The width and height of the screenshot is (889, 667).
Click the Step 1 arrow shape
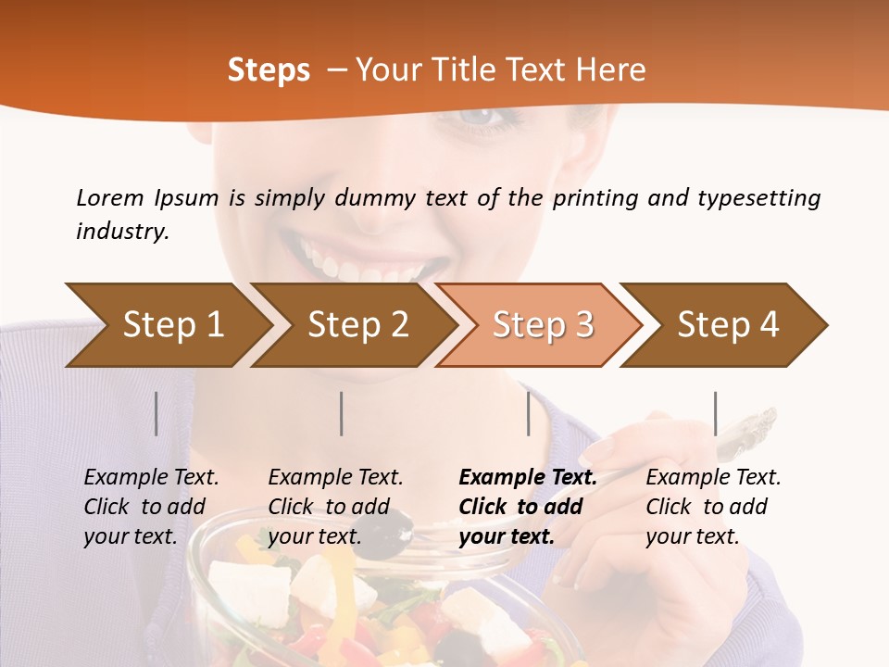click(x=167, y=324)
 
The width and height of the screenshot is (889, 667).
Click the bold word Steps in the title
click(x=269, y=69)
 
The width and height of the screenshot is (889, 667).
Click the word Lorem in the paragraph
click(x=109, y=197)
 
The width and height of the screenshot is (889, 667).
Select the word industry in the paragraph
click(x=121, y=232)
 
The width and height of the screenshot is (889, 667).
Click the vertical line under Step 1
click(x=157, y=413)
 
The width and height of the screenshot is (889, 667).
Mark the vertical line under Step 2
click(x=342, y=413)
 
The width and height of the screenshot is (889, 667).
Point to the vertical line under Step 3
click(x=528, y=413)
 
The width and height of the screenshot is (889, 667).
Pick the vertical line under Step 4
click(x=715, y=413)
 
